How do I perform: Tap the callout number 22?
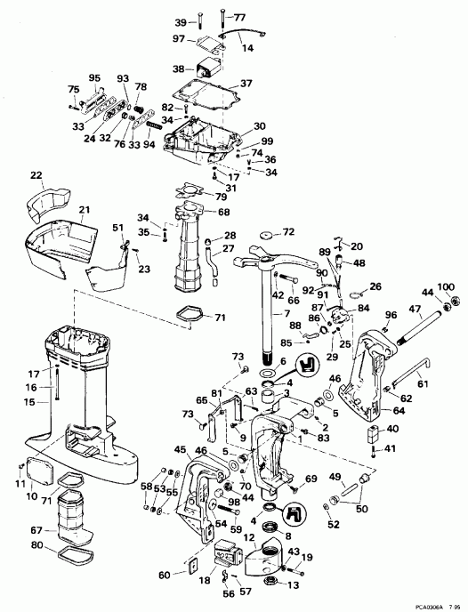click(36, 174)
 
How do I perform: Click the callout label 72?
click(288, 232)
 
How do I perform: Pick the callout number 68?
click(223, 212)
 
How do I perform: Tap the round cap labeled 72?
click(264, 234)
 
